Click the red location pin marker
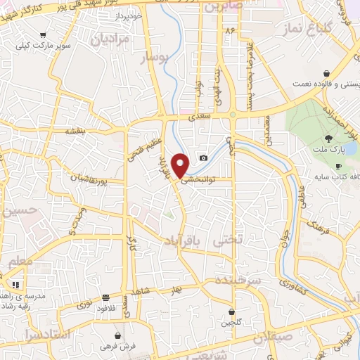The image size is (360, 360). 181,164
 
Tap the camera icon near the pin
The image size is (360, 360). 204,157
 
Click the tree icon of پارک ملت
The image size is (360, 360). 328,138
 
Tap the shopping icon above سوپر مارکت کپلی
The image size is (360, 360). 44,34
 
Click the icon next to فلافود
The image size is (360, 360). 106,297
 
